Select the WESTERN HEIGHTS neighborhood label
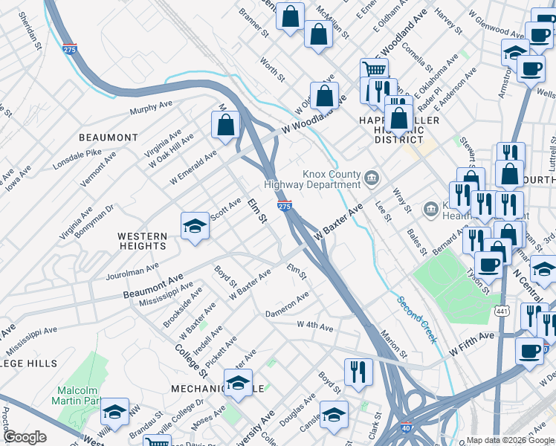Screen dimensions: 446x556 [142, 240]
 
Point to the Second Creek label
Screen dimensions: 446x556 [416, 320]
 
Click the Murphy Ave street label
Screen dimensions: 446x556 [151, 109]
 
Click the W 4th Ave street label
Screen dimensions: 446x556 [315, 326]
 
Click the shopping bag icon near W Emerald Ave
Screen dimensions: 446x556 [225, 123]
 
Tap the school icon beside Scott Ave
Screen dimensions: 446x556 [195, 226]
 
